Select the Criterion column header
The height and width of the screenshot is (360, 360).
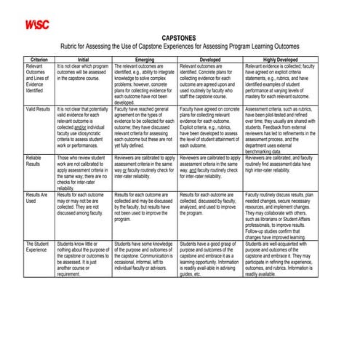(39, 59)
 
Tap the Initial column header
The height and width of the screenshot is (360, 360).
(83, 59)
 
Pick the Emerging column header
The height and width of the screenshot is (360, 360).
(145, 59)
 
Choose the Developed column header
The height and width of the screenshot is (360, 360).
(209, 59)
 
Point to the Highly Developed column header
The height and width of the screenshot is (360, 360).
(279, 59)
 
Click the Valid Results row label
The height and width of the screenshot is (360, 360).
(38, 108)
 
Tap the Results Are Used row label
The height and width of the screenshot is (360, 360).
(37, 199)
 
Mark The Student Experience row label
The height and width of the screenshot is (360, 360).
(38, 247)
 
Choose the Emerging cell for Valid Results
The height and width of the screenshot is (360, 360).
(145, 127)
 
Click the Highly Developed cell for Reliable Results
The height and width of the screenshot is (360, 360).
(279, 164)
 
